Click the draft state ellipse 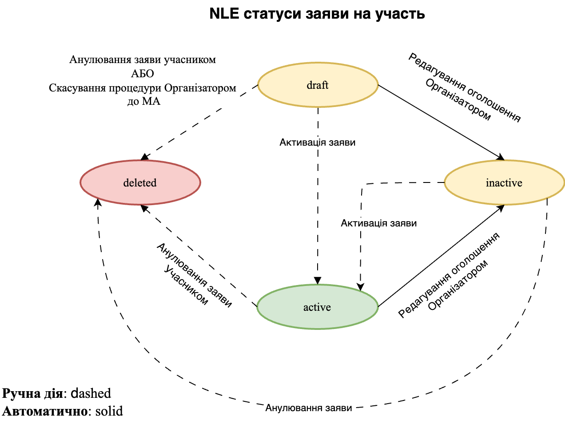[x=318, y=85]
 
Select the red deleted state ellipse [x=140, y=182]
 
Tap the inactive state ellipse [x=504, y=182]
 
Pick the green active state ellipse [x=317, y=307]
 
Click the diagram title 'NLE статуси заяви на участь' [x=317, y=14]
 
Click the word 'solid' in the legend [x=109, y=411]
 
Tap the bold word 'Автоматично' [x=44, y=411]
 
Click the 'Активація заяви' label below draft [x=317, y=143]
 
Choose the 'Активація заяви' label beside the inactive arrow [x=378, y=223]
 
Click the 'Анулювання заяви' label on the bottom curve [x=308, y=408]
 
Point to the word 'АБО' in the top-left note [x=143, y=74]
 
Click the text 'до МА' [x=143, y=102]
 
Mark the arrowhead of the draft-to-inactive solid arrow [x=501, y=157]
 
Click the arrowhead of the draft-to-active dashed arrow [x=318, y=281]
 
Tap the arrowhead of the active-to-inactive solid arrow [x=501, y=207]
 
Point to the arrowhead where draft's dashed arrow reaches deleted [x=144, y=157]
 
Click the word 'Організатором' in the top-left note [x=200, y=88]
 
